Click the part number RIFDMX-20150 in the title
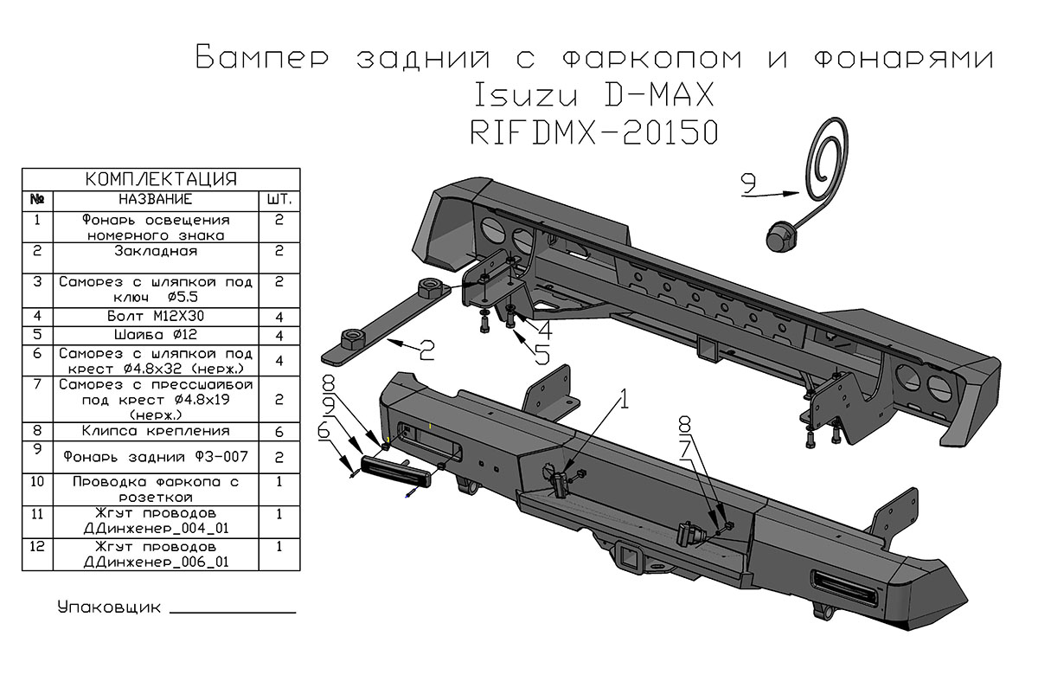tap(593, 132)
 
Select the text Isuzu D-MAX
tap(593, 93)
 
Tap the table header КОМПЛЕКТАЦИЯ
tap(161, 179)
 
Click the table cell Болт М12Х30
tap(156, 317)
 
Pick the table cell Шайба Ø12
tap(156, 335)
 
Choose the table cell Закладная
tap(156, 252)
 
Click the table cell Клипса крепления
tap(156, 430)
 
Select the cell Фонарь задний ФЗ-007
tap(156, 456)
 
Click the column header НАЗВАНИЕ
tap(156, 199)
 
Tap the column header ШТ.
tap(279, 199)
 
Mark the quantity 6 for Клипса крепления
tap(279, 430)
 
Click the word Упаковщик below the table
tap(109, 607)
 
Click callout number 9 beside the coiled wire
tap(749, 183)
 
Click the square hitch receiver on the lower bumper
tap(628, 556)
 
